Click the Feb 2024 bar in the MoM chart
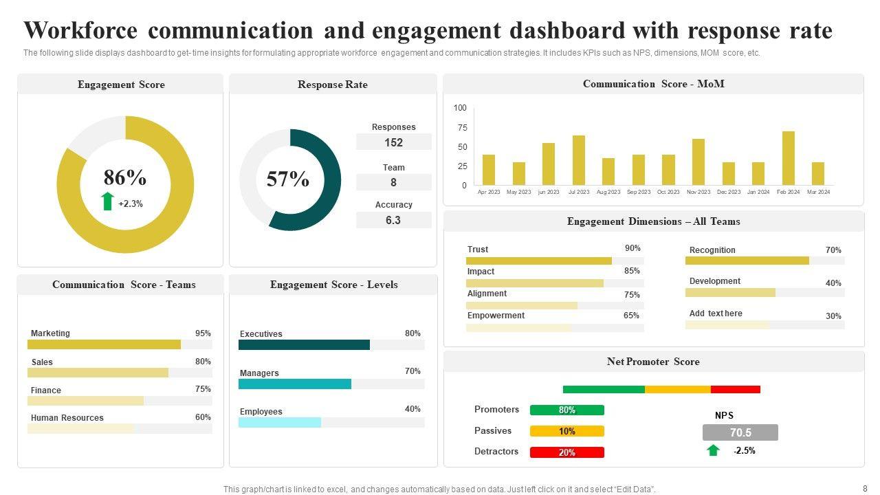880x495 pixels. (788, 158)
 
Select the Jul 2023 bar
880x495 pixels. (579, 160)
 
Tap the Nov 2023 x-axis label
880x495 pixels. (698, 192)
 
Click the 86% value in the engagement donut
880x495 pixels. (125, 178)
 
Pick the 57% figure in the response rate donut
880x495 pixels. (287, 179)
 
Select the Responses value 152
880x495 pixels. (393, 142)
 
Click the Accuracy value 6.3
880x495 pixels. (393, 221)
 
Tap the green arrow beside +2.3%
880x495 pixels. (107, 201)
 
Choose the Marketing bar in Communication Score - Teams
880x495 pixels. (104, 344)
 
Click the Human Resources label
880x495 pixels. (67, 418)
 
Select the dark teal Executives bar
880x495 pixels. (304, 345)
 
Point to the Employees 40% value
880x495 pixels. (412, 409)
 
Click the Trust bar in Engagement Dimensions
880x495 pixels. (539, 261)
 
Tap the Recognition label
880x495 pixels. (712, 250)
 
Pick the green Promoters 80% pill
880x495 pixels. (567, 410)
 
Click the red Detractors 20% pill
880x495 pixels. (567, 452)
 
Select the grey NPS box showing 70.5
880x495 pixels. (740, 432)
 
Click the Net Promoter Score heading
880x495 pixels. (653, 362)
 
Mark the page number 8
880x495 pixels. (865, 488)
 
